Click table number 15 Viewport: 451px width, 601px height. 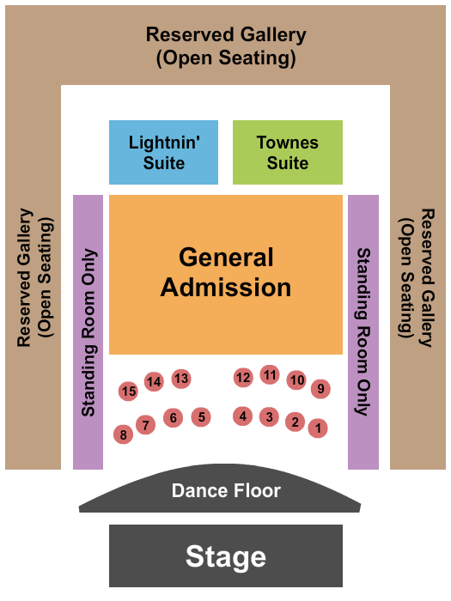coord(129,391)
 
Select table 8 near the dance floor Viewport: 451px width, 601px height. coord(123,434)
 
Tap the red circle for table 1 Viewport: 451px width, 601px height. coord(318,428)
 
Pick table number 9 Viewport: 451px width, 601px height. coord(320,389)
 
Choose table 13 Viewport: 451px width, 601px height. coord(181,379)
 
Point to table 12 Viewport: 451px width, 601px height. coord(243,378)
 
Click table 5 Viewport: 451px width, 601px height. coord(201,416)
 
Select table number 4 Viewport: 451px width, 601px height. coord(243,416)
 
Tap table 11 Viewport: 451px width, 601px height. coord(270,374)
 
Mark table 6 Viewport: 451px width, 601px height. coord(173,417)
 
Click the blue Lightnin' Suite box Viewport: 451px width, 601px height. coord(164,152)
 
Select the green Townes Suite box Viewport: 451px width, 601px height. coord(288,152)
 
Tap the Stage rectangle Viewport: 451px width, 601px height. coord(226,555)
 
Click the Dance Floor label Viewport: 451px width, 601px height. coord(226,490)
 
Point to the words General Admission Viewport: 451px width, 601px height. coord(226,272)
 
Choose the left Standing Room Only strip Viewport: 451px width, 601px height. coord(88,332)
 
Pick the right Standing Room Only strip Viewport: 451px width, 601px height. coord(363,332)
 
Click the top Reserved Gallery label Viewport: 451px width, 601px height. coord(226,46)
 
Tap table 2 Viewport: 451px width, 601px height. coord(295,422)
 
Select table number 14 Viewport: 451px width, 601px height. coord(154,381)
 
